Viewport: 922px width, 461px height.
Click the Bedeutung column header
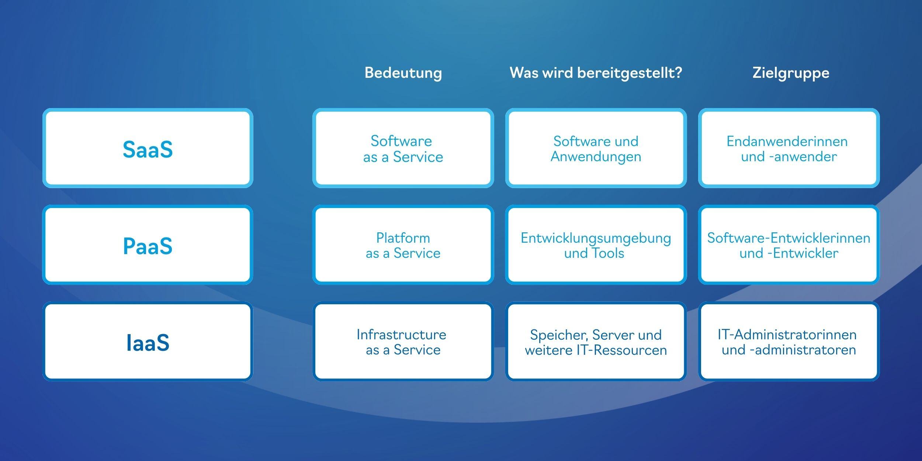tap(403, 73)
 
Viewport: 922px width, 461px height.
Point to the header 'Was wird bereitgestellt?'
tap(596, 73)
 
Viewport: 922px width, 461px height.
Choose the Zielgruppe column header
tap(791, 73)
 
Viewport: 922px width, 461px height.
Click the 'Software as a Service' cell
tap(403, 148)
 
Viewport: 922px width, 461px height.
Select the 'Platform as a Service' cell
tap(403, 245)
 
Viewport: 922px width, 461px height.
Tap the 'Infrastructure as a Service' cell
tap(403, 342)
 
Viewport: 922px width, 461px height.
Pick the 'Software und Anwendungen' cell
tap(596, 148)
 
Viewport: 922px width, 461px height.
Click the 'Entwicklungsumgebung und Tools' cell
tap(596, 245)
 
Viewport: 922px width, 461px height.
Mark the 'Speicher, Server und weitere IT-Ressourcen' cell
tap(596, 342)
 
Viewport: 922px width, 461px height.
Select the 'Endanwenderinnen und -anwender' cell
tap(789, 148)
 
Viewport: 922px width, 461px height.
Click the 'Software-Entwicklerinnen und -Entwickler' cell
tap(789, 245)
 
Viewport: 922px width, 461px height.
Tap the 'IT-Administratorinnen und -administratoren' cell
tap(789, 342)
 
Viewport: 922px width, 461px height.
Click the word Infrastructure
tap(401, 335)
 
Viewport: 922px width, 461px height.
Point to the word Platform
tap(403, 238)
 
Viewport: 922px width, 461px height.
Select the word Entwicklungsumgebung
tap(596, 239)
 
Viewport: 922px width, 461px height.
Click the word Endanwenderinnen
tap(787, 141)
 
